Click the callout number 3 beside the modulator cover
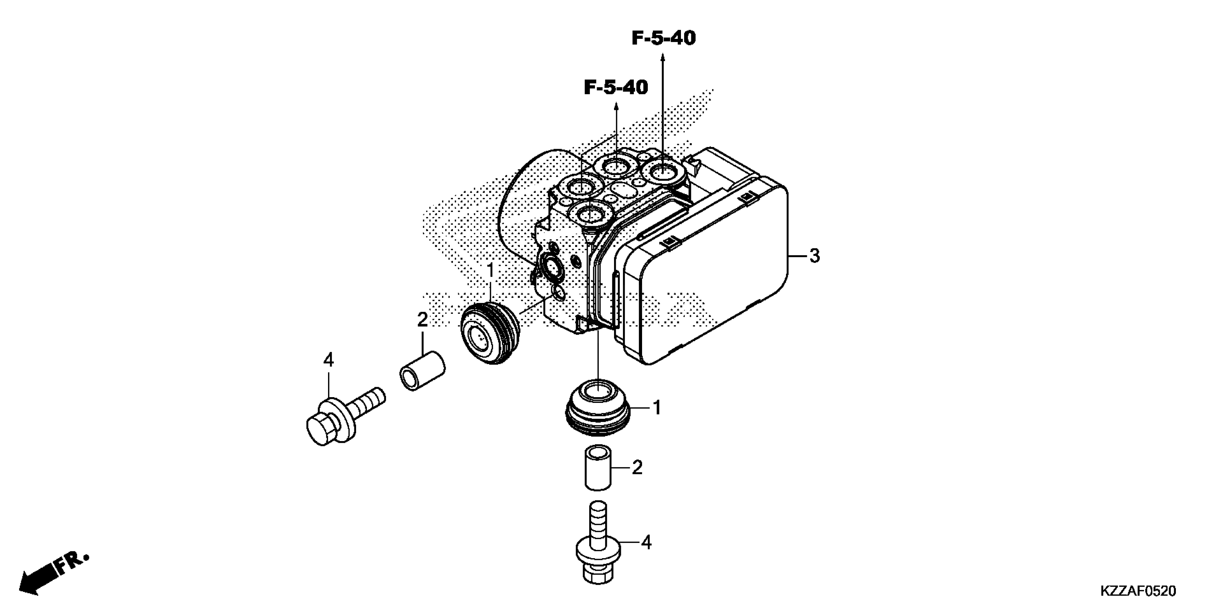tap(814, 256)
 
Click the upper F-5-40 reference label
tap(663, 38)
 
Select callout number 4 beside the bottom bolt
tap(646, 542)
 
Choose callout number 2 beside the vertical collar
tap(637, 468)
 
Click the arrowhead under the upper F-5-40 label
tap(663, 58)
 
